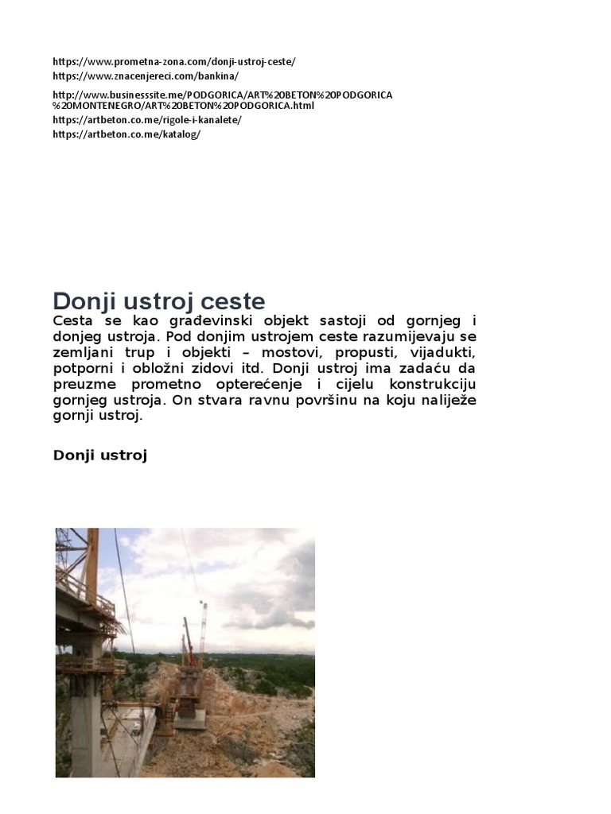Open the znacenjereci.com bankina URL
145,76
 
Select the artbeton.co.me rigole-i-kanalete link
146,120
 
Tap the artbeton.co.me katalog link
126,134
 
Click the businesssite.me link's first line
223,95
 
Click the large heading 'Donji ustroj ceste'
158,302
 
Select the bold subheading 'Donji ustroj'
100,455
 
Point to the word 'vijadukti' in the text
442,352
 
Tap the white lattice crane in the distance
204,628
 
